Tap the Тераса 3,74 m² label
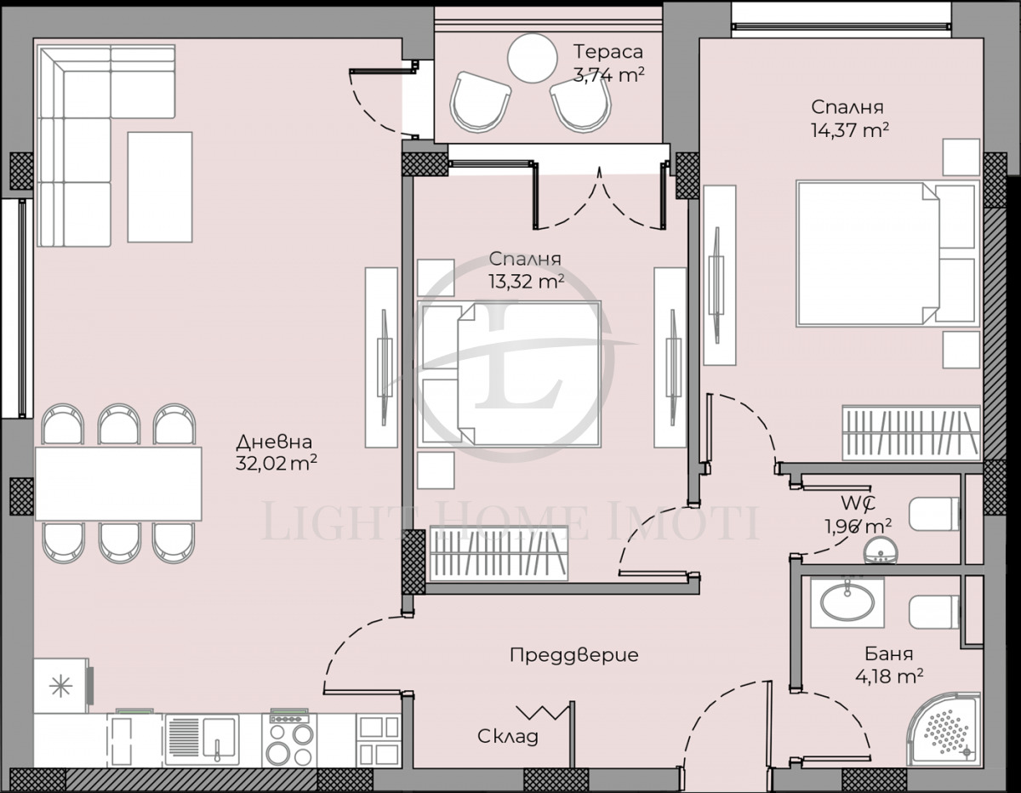[607, 62]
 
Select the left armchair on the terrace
[480, 100]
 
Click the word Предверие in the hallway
[573, 655]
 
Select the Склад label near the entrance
[508, 736]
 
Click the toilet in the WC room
[932, 514]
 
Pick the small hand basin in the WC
[878, 551]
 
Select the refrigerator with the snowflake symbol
[61, 686]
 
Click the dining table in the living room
[118, 483]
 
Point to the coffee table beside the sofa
[160, 187]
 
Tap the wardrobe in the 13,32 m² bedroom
[498, 555]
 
